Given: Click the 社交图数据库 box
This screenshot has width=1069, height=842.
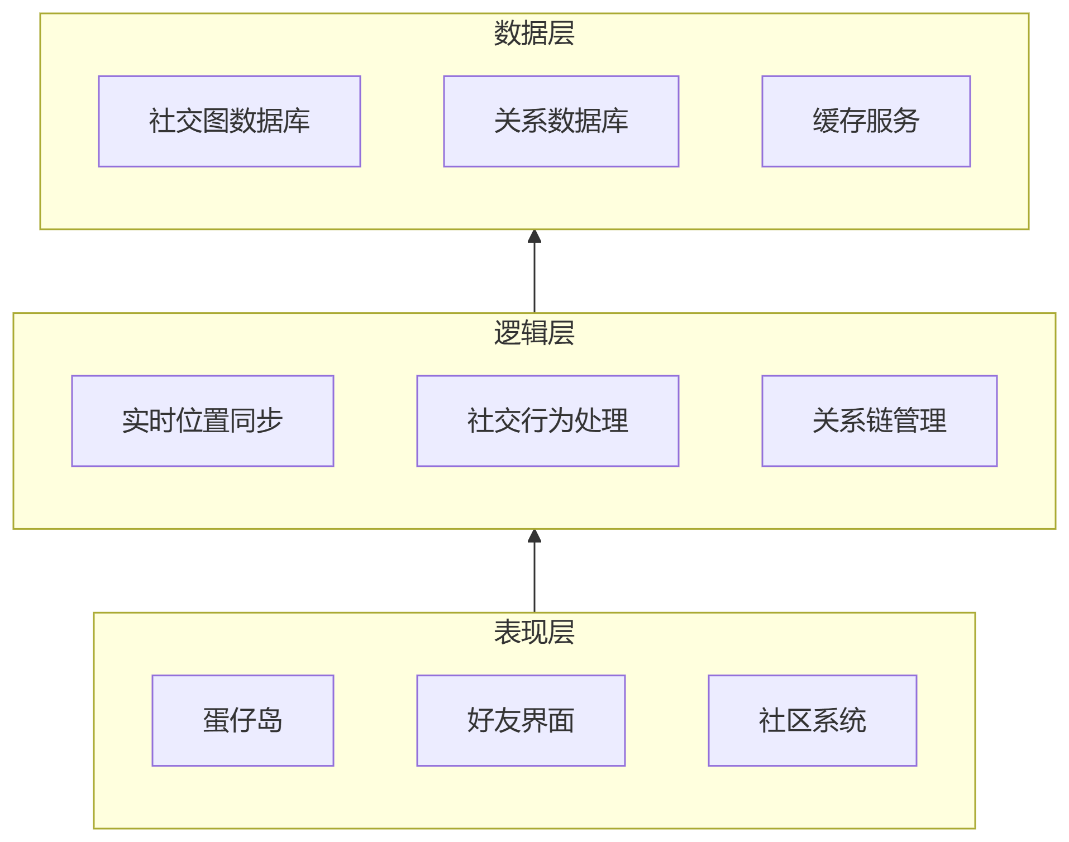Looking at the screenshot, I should pyautogui.click(x=229, y=121).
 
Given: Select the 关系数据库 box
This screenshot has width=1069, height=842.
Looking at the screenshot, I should pyautogui.click(x=561, y=121).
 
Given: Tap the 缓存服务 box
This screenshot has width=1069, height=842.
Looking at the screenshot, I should pyautogui.click(x=866, y=121).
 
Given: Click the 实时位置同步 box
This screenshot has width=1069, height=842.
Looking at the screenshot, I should pyautogui.click(x=202, y=420).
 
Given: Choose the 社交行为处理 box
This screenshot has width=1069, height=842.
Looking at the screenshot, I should pyautogui.click(x=547, y=420).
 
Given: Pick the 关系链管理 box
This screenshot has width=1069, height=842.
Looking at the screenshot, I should pyautogui.click(x=879, y=420).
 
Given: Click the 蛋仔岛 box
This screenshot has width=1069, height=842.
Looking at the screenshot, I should pyautogui.click(x=242, y=720).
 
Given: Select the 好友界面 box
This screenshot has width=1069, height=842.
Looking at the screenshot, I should pyautogui.click(x=521, y=720).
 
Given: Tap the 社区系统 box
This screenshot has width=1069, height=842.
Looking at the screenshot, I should pyautogui.click(x=812, y=720).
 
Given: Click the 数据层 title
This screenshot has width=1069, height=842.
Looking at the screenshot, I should pyautogui.click(x=534, y=33).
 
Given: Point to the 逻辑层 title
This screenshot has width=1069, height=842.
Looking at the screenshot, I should pyautogui.click(x=534, y=333).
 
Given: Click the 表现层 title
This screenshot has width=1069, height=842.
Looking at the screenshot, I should pyautogui.click(x=534, y=632).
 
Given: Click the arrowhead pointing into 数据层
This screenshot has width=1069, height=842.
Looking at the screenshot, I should pyautogui.click(x=534, y=237).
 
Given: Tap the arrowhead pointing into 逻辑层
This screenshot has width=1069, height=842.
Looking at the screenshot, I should pyautogui.click(x=534, y=537).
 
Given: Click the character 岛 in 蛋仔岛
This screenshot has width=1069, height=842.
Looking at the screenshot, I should pyautogui.click(x=270, y=720).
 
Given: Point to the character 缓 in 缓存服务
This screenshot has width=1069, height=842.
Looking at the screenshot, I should pyautogui.click(x=825, y=121).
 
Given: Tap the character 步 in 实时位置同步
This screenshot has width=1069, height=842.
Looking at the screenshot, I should pyautogui.click(x=270, y=420).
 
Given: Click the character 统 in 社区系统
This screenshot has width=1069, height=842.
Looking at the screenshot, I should pyautogui.click(x=853, y=720).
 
